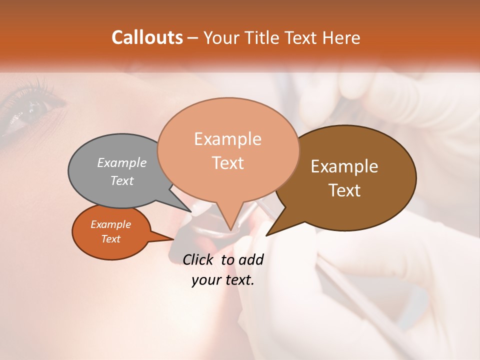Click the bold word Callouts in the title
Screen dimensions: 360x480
147,37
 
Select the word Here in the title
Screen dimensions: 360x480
341,37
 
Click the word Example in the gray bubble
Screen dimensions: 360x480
122,162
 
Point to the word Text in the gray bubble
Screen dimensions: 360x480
122,180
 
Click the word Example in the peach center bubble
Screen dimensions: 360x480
227,139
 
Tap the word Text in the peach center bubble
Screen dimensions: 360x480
228,163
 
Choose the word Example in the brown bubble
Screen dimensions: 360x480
344,166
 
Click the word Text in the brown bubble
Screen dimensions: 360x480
345,190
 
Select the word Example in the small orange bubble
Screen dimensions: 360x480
110,224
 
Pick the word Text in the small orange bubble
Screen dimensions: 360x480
110,239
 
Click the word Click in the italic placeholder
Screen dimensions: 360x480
198,259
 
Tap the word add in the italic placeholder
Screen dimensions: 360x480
251,259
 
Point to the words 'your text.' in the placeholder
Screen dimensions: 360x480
223,280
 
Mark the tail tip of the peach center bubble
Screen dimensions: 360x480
230,229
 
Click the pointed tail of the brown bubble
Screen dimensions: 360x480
267,234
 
